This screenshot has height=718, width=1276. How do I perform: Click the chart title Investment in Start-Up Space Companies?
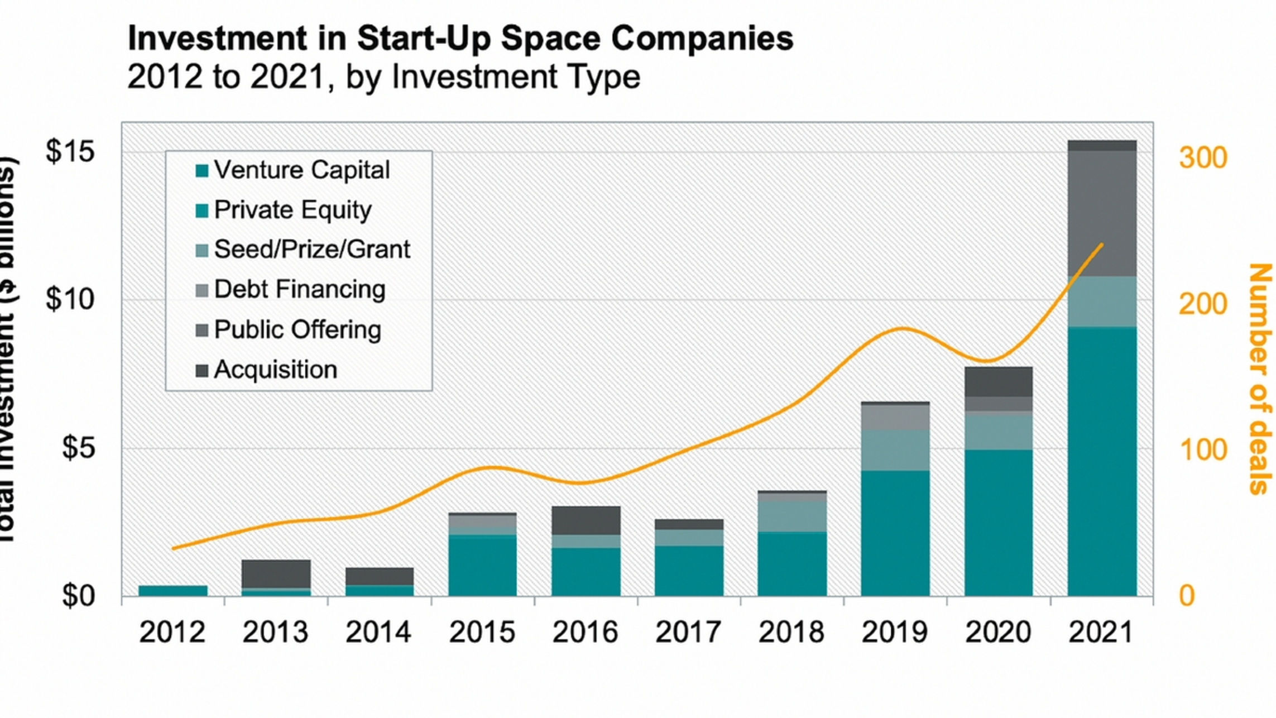(x=460, y=39)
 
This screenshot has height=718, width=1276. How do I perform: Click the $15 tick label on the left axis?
(x=70, y=151)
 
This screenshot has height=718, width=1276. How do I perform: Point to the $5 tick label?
(x=78, y=448)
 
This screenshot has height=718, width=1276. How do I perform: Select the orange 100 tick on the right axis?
(x=1203, y=450)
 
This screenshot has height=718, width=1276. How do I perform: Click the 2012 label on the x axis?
(x=172, y=633)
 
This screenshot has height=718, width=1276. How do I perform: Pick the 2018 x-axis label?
(x=791, y=633)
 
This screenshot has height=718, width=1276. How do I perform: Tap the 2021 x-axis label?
(x=1101, y=633)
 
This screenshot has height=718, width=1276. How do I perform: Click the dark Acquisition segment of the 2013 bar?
(x=276, y=573)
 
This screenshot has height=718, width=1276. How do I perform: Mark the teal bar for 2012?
(x=173, y=591)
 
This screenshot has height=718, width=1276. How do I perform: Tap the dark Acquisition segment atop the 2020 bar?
(x=999, y=382)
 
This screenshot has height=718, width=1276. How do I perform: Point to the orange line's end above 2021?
(x=1102, y=245)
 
